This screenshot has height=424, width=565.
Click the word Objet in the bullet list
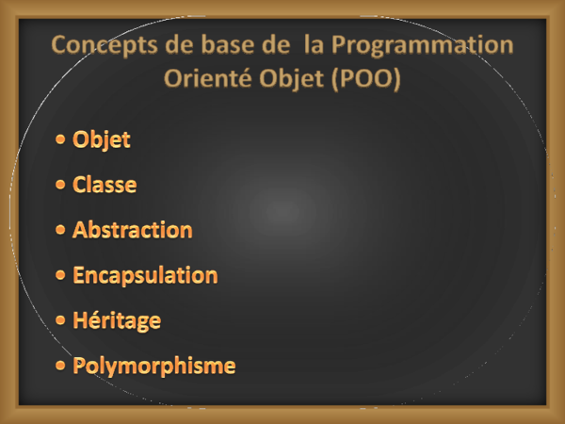(x=102, y=140)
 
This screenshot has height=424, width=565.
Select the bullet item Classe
(x=105, y=185)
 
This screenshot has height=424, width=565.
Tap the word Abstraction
(x=132, y=230)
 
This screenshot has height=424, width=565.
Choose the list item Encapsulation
(x=145, y=275)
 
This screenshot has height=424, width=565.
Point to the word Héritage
(x=117, y=320)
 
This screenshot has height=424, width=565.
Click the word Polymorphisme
(x=153, y=366)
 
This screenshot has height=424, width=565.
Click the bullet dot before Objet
(x=60, y=140)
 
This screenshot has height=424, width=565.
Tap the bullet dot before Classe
(x=60, y=185)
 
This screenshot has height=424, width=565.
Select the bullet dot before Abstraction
(x=60, y=230)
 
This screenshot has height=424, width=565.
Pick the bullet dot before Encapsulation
(x=60, y=275)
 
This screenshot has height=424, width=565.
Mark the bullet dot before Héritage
(x=60, y=320)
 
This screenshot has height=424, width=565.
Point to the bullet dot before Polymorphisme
(x=60, y=366)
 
